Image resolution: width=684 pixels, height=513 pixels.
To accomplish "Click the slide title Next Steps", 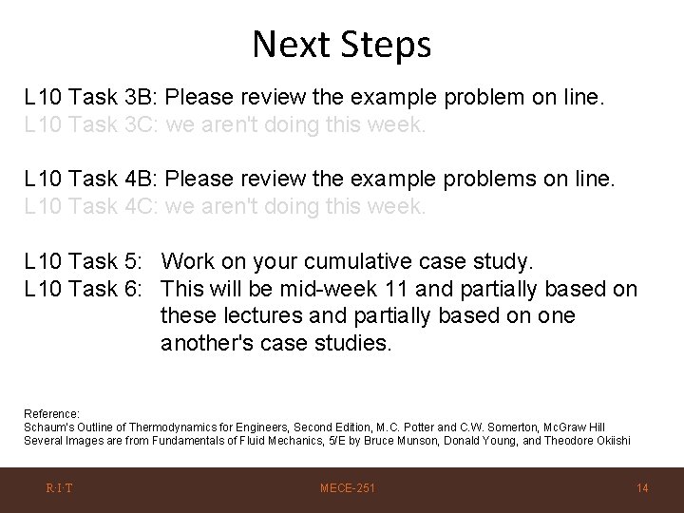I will [342, 44].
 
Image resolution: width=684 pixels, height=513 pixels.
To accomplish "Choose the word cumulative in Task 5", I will [364, 261].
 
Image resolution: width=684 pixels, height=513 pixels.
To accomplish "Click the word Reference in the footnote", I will [50, 414].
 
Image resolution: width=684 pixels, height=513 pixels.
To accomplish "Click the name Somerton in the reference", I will [491, 427].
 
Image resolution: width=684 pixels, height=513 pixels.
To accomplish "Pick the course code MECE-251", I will [347, 488].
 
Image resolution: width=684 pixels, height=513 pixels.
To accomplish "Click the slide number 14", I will [642, 488].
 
